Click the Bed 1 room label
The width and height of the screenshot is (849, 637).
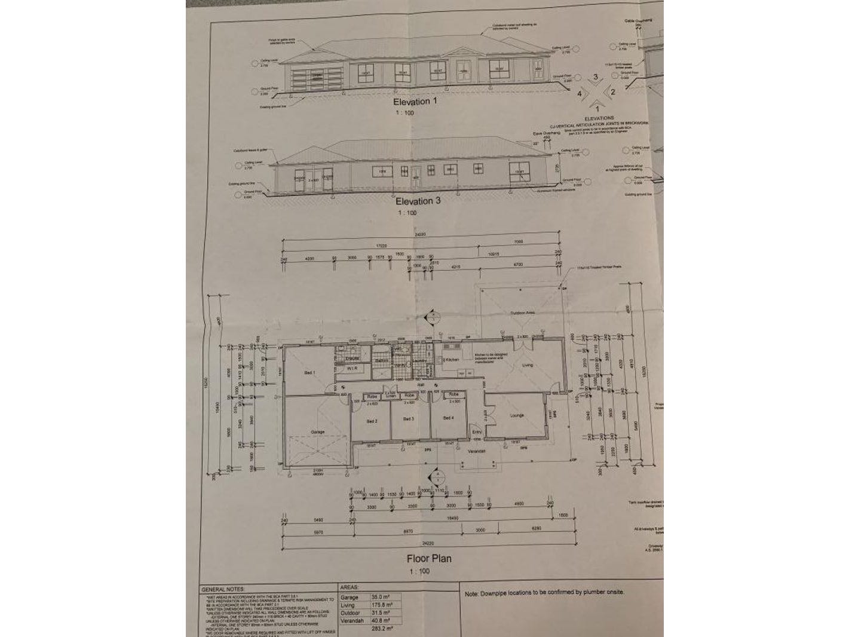(309, 373)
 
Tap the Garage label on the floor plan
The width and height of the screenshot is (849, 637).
(317, 431)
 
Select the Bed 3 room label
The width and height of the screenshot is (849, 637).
(409, 419)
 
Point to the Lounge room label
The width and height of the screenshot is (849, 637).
(517, 415)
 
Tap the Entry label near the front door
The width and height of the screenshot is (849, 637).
(477, 431)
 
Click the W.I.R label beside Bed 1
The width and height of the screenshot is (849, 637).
(352, 369)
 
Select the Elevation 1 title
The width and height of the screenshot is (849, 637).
(415, 102)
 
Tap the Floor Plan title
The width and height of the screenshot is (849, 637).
(429, 559)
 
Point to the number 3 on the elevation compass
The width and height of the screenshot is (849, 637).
(595, 77)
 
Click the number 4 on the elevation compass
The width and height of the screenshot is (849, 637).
(579, 93)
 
